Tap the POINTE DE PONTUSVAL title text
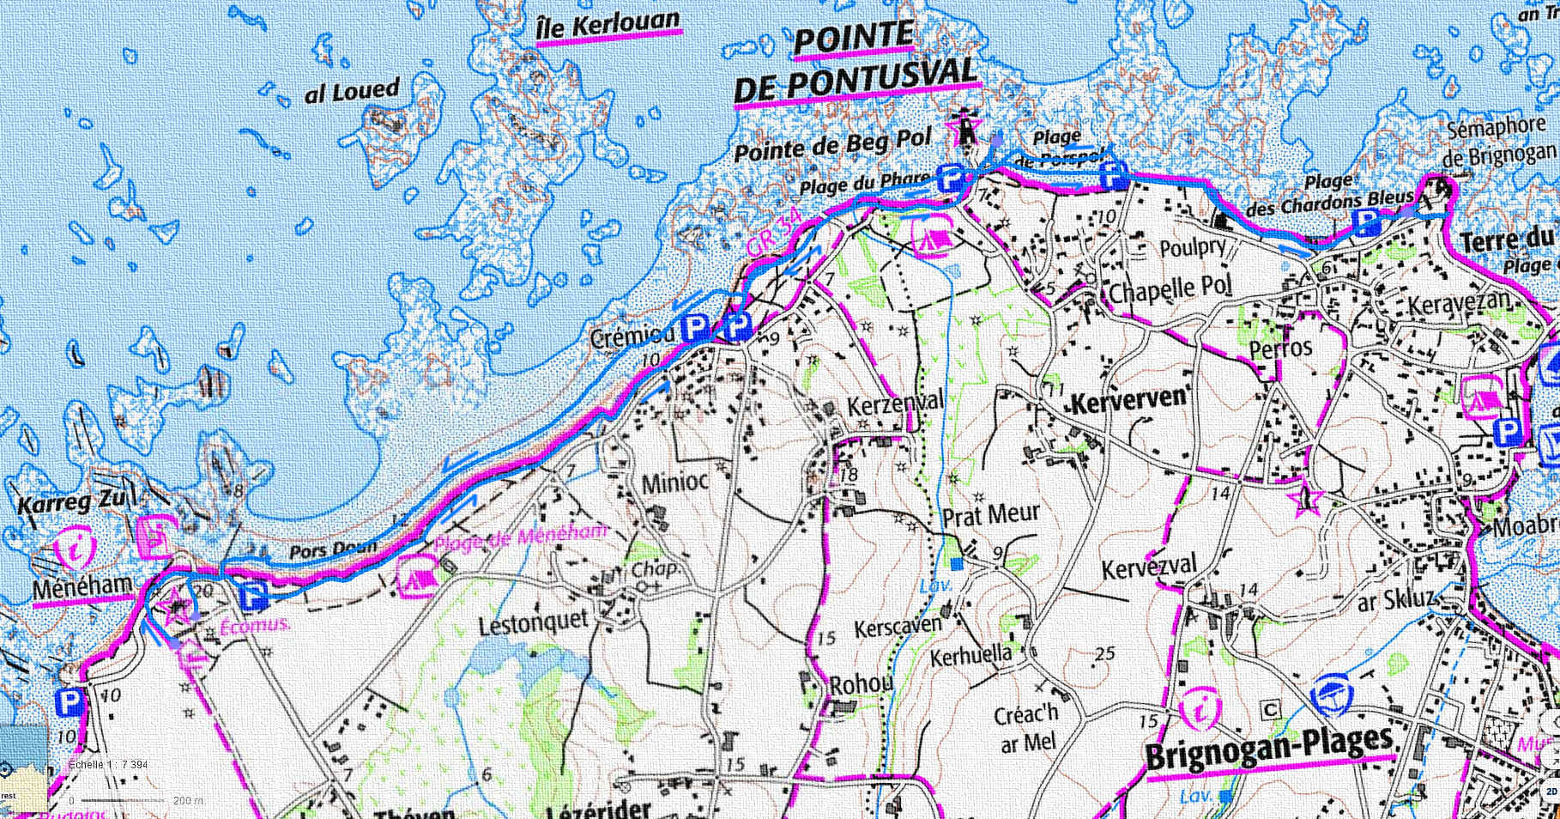pyautogui.click(x=855, y=65)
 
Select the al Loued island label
pyautogui.click(x=352, y=91)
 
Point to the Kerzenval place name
pyautogui.click(x=895, y=403)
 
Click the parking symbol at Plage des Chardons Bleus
pyautogui.click(x=1364, y=222)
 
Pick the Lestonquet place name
pyautogui.click(x=533, y=622)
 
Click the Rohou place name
pyautogui.click(x=861, y=684)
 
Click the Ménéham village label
pyautogui.click(x=82, y=588)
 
